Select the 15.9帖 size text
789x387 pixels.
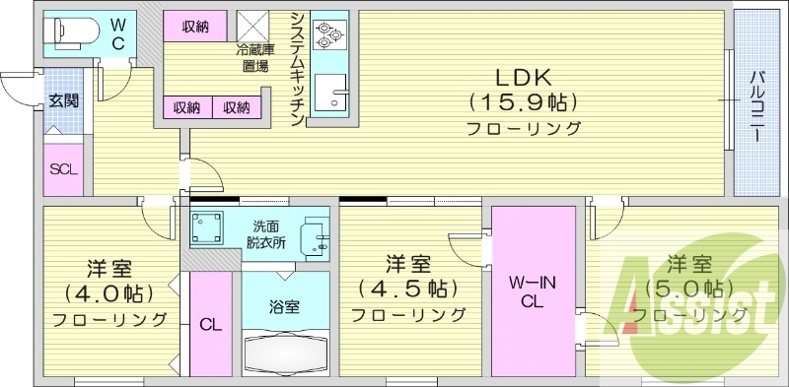coord(522,102)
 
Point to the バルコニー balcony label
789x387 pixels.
coord(755,106)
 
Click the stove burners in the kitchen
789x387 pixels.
coord(329,35)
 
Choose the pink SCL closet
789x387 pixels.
coord(64,167)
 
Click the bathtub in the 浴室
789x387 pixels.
coord(286,353)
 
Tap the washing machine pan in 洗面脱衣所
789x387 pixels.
coord(209,228)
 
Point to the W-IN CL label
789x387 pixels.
coord(532,292)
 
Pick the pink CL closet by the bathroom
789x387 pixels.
coord(210,323)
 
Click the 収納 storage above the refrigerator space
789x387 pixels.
coord(194,27)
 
